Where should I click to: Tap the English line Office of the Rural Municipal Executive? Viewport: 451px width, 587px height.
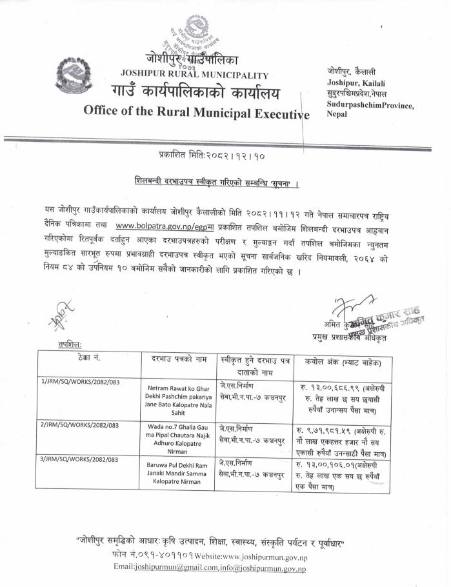pyautogui.click(x=197, y=111)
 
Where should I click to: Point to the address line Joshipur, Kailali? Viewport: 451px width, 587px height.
pyautogui.click(x=354, y=83)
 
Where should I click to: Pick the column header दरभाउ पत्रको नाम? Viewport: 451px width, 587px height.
pyautogui.click(x=179, y=357)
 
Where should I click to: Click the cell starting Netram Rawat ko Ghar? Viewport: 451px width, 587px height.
pyautogui.click(x=178, y=399)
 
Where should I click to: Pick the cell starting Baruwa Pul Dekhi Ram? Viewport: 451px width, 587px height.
pyautogui.click(x=178, y=472)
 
